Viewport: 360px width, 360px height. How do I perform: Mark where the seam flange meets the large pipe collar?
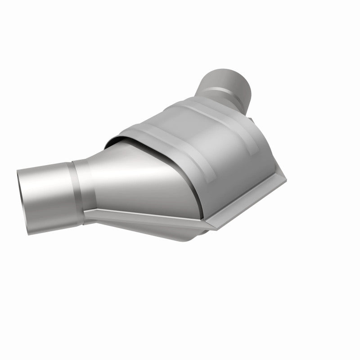click(x=88, y=211)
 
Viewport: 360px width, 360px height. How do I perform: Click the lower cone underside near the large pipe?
click(x=117, y=220)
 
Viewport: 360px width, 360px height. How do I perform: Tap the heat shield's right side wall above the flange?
click(x=252, y=162)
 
